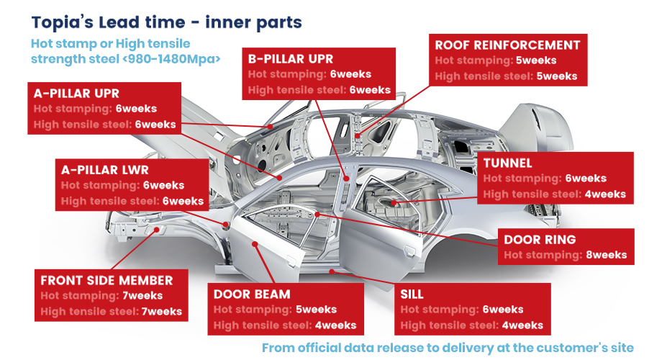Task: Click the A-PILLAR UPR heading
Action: click(76, 94)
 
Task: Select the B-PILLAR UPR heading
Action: click(291, 59)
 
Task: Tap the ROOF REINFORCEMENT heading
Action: click(507, 45)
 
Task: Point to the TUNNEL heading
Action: click(507, 163)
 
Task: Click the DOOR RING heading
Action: click(540, 240)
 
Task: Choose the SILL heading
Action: click(412, 294)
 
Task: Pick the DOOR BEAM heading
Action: click(252, 294)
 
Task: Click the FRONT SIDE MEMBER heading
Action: click(106, 281)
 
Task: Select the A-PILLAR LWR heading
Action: click(105, 170)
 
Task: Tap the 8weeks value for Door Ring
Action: click(607, 255)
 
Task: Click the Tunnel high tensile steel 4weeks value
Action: click(605, 194)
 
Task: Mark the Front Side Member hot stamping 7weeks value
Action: click(142, 295)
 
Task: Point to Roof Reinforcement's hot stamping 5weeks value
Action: click(536, 60)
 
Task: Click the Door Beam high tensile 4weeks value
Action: click(335, 325)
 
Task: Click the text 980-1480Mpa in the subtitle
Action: click(171, 59)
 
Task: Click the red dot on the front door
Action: click(255, 244)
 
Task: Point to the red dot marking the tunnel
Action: click(394, 203)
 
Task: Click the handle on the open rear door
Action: click(409, 252)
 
